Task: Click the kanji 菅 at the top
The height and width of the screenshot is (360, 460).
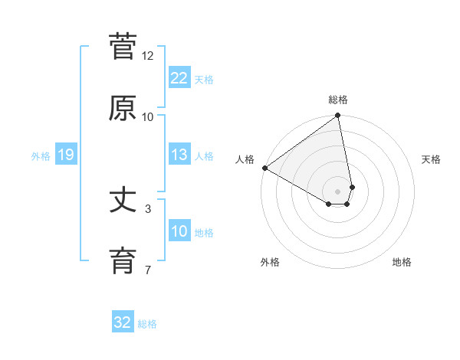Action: pyautogui.click(x=123, y=47)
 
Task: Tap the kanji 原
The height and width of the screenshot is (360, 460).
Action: pyautogui.click(x=123, y=108)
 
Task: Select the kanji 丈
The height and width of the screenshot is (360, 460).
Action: pyautogui.click(x=123, y=201)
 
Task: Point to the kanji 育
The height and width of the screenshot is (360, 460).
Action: pyautogui.click(x=123, y=261)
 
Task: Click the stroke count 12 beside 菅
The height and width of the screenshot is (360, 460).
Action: pyautogui.click(x=148, y=56)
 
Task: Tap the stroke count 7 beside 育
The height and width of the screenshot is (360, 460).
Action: pyautogui.click(x=148, y=270)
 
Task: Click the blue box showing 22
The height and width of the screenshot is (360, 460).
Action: pyautogui.click(x=179, y=78)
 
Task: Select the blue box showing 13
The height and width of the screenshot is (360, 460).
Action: pyautogui.click(x=179, y=155)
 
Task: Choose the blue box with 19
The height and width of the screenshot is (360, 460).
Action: pyautogui.click(x=65, y=155)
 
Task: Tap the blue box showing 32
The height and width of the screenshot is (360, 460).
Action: pyautogui.click(x=123, y=322)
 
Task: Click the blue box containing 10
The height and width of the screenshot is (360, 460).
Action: pyautogui.click(x=179, y=231)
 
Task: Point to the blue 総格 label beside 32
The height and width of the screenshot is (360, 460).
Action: pyautogui.click(x=147, y=324)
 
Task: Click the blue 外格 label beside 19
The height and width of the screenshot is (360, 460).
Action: pyautogui.click(x=41, y=156)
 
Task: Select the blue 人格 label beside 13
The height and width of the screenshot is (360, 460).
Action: pyautogui.click(x=204, y=156)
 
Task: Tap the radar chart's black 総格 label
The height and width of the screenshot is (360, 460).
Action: pyautogui.click(x=338, y=100)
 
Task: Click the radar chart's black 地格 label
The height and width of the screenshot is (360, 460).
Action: pyautogui.click(x=402, y=262)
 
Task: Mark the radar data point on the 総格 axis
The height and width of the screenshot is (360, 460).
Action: pyautogui.click(x=338, y=116)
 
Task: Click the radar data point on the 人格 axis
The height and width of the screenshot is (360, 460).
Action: pyautogui.click(x=264, y=168)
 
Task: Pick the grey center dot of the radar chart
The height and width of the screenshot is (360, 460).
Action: pyautogui.click(x=338, y=191)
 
